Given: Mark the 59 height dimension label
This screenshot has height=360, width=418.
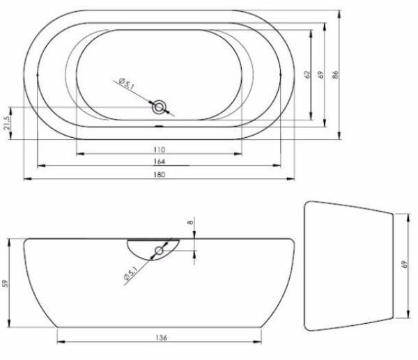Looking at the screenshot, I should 7,283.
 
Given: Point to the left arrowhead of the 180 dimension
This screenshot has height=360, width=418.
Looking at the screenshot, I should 26,178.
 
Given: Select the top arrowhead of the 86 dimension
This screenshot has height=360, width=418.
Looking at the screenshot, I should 342,12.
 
